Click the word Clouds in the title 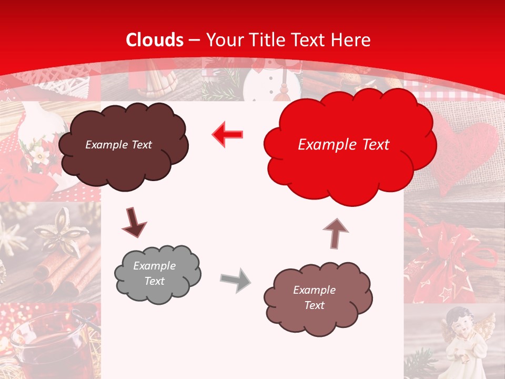[155, 40]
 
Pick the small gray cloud [157, 274]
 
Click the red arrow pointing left [227, 135]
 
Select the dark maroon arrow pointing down [134, 223]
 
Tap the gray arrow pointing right [235, 280]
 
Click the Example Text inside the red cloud [344, 145]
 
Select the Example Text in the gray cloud [155, 273]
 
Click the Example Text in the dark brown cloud [118, 145]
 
